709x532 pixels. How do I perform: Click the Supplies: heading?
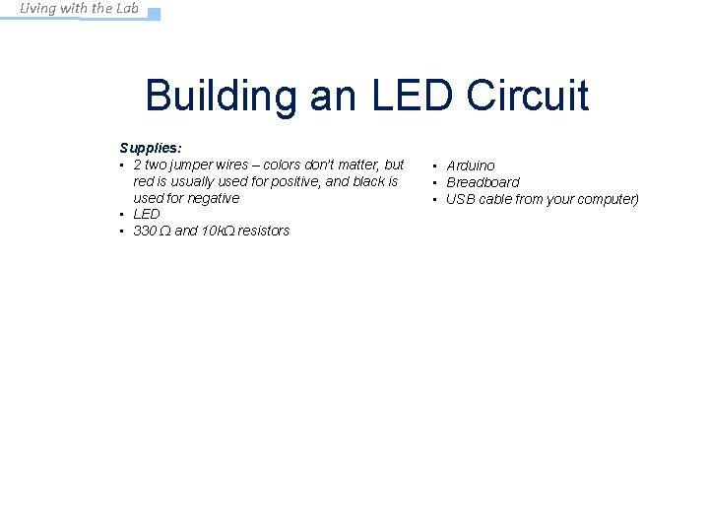coord(150,148)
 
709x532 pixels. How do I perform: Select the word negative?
coord(215,198)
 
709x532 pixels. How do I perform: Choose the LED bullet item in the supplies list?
coord(146,214)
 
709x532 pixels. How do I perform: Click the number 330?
coord(144,231)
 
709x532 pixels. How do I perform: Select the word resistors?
coord(264,231)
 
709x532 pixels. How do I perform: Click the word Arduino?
coord(471,166)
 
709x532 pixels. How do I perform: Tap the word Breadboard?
coord(483,182)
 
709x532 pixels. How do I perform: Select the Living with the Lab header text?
coord(80,9)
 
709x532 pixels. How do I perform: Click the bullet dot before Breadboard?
coord(434,182)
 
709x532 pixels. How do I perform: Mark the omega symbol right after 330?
coord(163,231)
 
